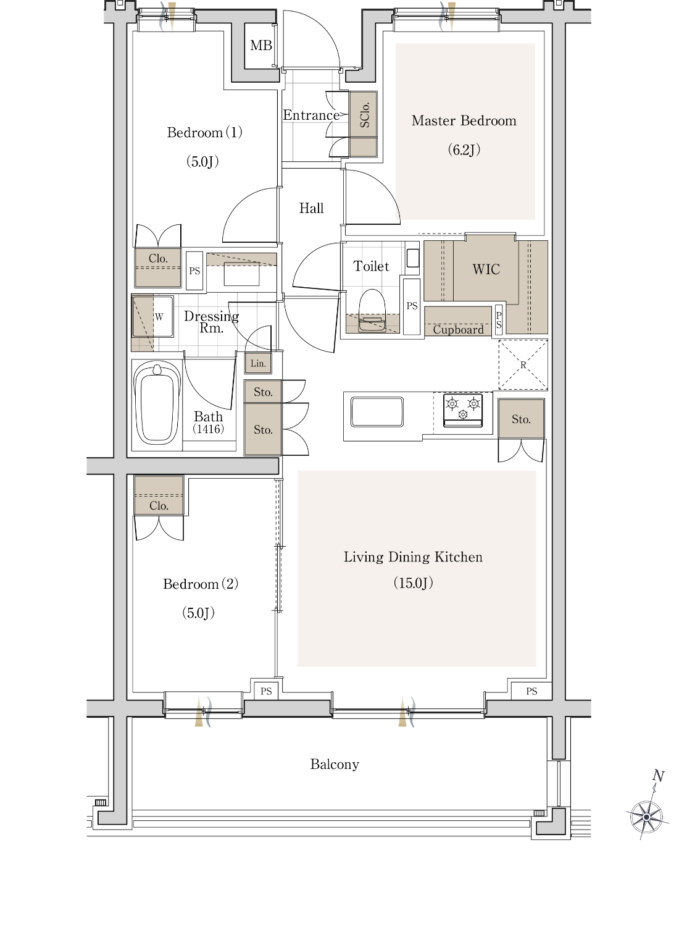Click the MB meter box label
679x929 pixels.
point(260,45)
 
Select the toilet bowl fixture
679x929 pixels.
point(372,311)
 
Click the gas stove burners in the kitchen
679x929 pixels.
point(463,410)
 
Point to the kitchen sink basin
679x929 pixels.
point(377,412)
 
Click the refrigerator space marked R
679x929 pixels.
point(523,364)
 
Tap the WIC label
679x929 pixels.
point(486,269)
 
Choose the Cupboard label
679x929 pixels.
point(458,329)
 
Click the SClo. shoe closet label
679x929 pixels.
point(364,115)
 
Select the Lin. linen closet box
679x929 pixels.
point(258,364)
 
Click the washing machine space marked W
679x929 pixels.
point(153,316)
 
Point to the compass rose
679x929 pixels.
point(646,817)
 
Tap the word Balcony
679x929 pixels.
point(335,764)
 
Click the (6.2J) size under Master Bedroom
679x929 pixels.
point(464,149)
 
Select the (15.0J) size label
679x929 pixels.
point(414,582)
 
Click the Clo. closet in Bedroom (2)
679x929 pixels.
point(159,495)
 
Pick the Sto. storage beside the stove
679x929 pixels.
point(521,418)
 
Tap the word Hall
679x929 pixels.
point(311,208)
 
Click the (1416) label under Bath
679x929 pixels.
point(208,429)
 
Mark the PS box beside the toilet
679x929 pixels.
point(412,306)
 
